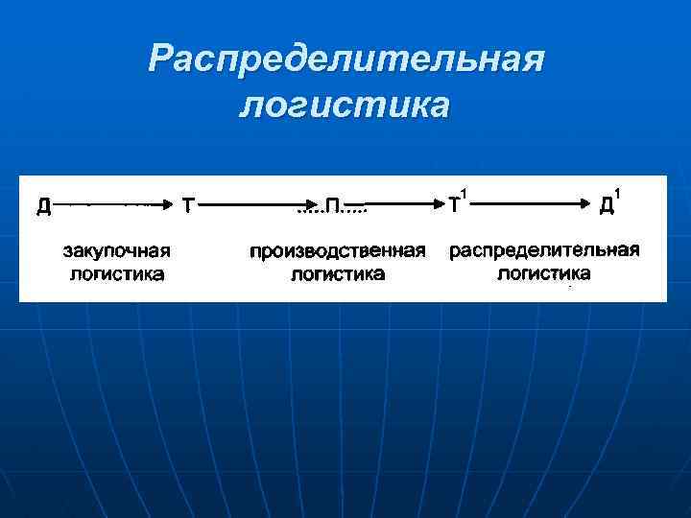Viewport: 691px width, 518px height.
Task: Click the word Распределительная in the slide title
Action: [x=346, y=60]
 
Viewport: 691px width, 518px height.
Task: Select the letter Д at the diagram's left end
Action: [x=44, y=204]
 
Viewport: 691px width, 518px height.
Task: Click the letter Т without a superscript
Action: [x=189, y=204]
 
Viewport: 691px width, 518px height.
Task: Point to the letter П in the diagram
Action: [x=332, y=204]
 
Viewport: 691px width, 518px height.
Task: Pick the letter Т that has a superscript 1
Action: [x=454, y=204]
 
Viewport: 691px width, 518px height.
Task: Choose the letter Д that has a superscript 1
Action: [x=607, y=204]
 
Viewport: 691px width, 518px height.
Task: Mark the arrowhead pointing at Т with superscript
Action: [x=437, y=204]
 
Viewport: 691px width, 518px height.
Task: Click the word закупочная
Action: [x=117, y=251]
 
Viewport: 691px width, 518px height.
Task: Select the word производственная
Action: [x=338, y=251]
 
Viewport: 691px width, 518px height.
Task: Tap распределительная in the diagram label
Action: [x=544, y=250]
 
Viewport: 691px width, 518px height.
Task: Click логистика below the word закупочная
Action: [x=117, y=274]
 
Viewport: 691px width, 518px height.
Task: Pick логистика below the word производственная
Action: [x=338, y=274]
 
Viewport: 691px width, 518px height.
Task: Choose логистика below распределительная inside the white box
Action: [x=544, y=273]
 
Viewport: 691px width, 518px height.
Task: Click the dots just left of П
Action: [x=309, y=208]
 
